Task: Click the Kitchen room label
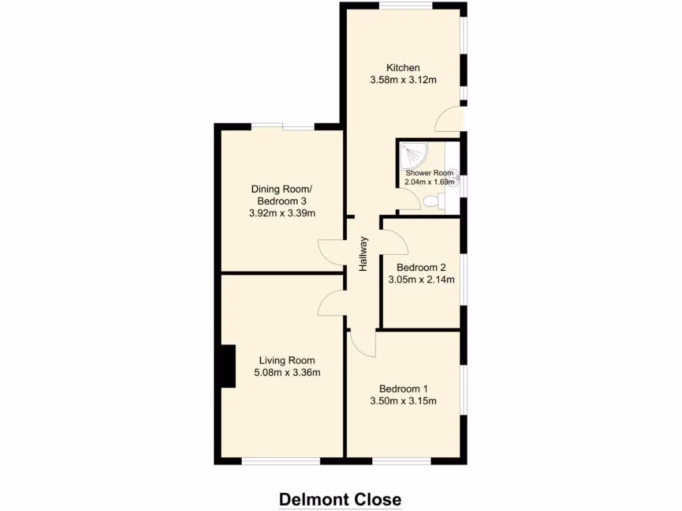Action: point(403,67)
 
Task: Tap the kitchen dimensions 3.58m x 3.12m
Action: point(403,81)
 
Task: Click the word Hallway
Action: point(364,254)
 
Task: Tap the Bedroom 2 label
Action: point(421,267)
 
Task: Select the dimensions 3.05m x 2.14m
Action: point(421,280)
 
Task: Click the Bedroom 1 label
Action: point(403,389)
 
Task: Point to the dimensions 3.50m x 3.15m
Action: point(403,401)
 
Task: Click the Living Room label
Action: point(287,361)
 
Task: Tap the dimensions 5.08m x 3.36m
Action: point(287,373)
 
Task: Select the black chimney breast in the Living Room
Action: point(228,366)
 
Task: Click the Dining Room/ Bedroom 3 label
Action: point(281,194)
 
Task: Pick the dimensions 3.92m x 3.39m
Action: point(281,214)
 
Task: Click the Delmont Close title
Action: point(340,499)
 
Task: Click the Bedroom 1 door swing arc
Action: point(363,345)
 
